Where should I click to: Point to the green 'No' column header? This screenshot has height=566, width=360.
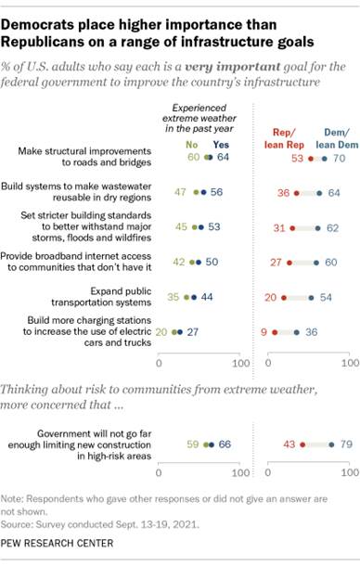click(x=193, y=146)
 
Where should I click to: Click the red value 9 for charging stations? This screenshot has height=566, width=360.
click(x=264, y=330)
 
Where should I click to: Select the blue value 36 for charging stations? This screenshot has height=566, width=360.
click(x=312, y=330)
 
